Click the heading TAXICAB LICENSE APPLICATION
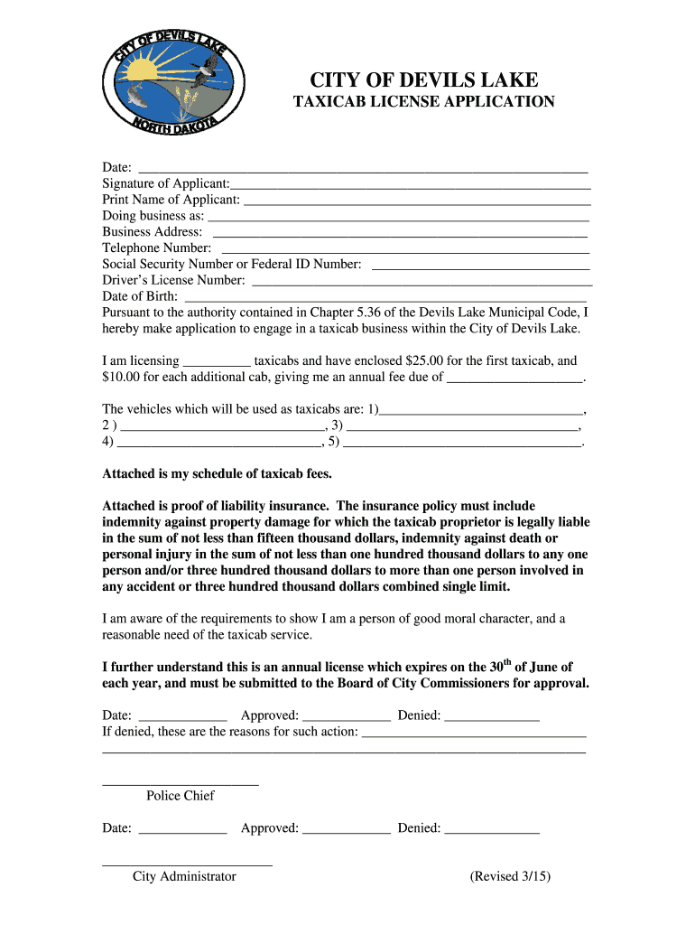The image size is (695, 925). pos(423,102)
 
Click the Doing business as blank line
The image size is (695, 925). pos(398,218)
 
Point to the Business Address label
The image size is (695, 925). pos(152,232)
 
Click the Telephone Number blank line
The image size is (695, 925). pos(405,249)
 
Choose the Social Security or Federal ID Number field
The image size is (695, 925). pos(480,266)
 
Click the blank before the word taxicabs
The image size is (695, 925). pos(217,362)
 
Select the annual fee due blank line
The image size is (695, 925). pos(515,379)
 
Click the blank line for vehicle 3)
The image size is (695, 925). pos(461,427)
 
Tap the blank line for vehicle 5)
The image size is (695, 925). pos(461,444)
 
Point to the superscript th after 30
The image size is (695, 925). pos(507,663)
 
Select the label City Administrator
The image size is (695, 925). pos(184,876)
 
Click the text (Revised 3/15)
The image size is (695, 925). pos(510,876)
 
